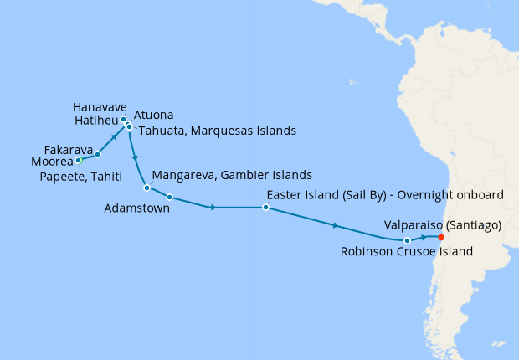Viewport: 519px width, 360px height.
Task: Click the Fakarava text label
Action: [68, 149]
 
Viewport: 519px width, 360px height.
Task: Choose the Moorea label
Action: [52, 160]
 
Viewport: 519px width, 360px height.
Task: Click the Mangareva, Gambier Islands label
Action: [232, 176]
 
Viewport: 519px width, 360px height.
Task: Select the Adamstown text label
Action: [138, 208]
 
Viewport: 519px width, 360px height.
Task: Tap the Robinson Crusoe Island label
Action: [405, 251]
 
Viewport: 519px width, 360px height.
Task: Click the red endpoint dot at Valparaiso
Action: [441, 237]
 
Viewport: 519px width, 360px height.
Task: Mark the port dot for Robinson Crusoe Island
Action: [408, 240]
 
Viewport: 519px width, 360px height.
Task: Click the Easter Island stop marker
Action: [265, 207]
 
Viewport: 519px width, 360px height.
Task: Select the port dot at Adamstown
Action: [169, 198]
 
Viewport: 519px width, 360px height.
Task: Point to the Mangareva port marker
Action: [146, 188]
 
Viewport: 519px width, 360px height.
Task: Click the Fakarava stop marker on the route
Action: [98, 154]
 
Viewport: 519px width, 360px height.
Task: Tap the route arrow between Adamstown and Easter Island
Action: [214, 207]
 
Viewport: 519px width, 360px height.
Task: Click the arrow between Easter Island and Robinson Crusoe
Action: [336, 225]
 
